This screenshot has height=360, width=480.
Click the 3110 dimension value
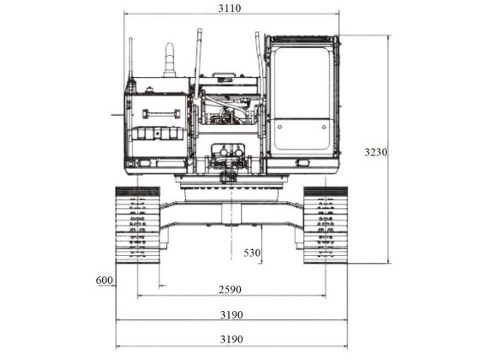coord(229,8)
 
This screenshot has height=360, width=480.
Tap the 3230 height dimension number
coord(376,152)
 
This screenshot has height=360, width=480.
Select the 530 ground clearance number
coord(252,253)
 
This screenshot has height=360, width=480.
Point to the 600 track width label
coord(104,281)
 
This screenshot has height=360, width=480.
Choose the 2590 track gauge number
coord(229,289)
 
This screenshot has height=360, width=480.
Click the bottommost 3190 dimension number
coord(230,340)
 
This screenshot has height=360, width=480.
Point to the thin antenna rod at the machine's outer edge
coord(130,59)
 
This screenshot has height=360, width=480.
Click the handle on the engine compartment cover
coord(155,113)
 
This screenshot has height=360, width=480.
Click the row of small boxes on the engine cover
coord(157,134)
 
